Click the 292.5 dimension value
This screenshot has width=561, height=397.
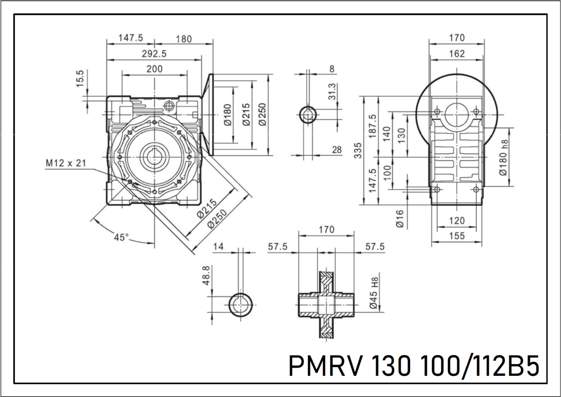(x=154, y=54)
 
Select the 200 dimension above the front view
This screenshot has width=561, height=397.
(x=154, y=69)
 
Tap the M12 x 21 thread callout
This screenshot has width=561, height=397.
(x=66, y=163)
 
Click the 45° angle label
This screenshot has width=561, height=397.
(x=122, y=237)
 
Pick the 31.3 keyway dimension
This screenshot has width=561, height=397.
(x=332, y=92)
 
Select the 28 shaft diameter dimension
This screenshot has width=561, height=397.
(x=337, y=150)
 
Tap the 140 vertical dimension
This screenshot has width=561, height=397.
(x=387, y=134)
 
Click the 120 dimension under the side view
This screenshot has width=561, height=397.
(x=456, y=221)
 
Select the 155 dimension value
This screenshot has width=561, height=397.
(x=456, y=236)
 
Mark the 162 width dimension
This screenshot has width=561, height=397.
(x=456, y=54)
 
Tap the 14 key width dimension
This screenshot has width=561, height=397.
(x=219, y=247)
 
